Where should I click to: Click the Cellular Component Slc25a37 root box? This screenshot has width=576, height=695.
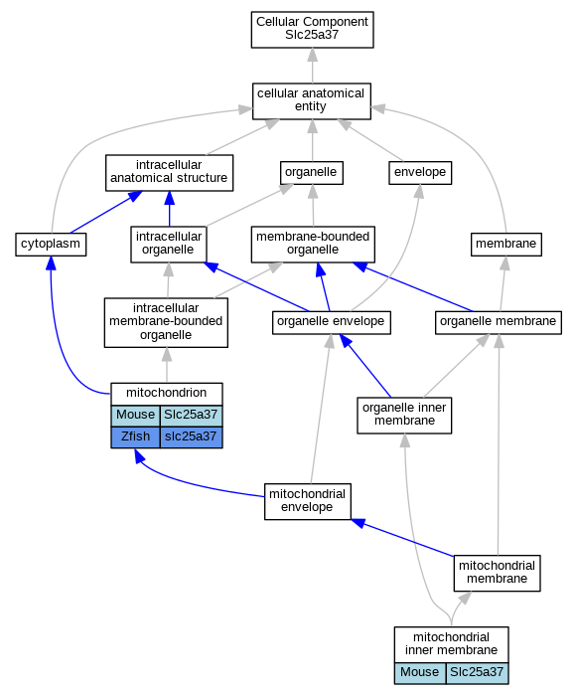(x=312, y=30)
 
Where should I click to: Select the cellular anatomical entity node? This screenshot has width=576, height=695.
(x=312, y=101)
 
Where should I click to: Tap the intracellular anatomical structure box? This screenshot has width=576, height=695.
(x=169, y=173)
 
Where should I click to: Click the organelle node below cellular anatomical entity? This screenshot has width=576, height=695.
(x=312, y=173)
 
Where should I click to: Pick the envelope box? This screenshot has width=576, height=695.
(x=420, y=173)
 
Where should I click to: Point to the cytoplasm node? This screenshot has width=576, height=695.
(x=51, y=245)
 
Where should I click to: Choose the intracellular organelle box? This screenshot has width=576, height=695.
(x=169, y=245)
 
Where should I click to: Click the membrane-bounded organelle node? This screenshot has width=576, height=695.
(x=313, y=245)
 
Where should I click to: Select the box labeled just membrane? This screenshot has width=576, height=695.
(x=506, y=245)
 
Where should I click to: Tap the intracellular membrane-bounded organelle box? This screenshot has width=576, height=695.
(x=166, y=322)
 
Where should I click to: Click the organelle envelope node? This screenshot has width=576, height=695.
(x=331, y=323)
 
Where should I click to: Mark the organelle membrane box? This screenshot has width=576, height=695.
(x=499, y=323)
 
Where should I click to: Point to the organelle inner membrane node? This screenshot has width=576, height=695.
(x=404, y=416)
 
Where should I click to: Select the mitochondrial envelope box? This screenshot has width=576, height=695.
(x=308, y=501)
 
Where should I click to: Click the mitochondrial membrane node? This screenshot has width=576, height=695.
(x=497, y=573)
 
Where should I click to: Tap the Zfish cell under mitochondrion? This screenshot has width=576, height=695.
(x=135, y=437)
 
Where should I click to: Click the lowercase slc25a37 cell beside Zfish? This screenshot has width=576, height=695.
(x=192, y=437)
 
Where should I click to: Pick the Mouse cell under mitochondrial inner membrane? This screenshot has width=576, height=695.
(x=420, y=673)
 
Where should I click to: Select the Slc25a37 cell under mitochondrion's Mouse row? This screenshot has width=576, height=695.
(x=192, y=416)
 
